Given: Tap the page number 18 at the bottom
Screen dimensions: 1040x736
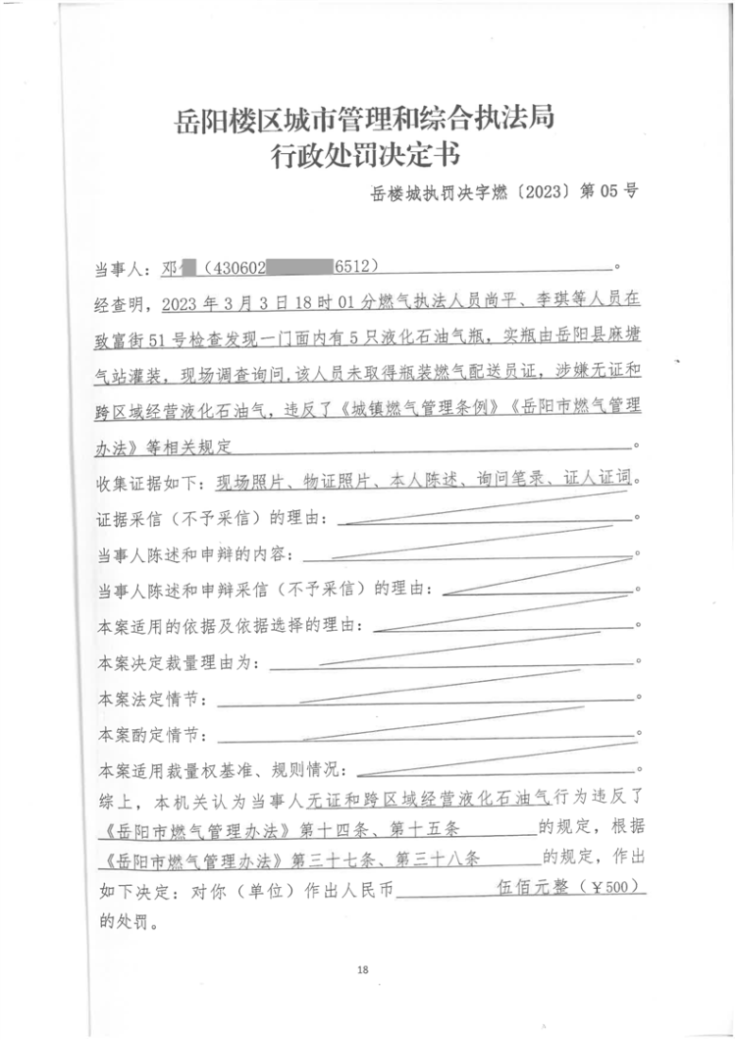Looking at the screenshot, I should pos(362,970).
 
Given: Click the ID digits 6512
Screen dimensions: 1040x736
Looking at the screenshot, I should pos(355,267).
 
